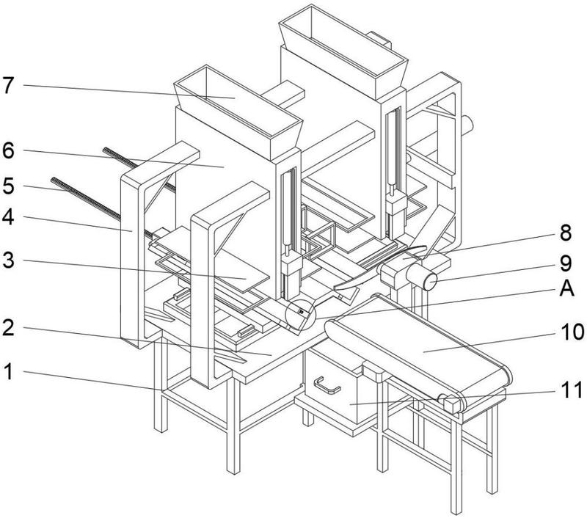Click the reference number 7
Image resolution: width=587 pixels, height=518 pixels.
pos(9,86)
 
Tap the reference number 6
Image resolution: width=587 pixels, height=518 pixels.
pos(8,151)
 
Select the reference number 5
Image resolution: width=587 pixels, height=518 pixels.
pos(9,186)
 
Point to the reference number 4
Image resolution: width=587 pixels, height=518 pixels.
pos(8,217)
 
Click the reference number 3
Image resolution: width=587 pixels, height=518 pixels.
pos(9,260)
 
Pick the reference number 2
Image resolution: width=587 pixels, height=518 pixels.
pos(8,327)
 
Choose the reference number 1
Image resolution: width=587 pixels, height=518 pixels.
pos(9,372)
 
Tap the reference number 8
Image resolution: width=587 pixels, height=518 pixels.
pos(566,233)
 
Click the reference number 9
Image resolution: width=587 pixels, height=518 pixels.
pos(566,263)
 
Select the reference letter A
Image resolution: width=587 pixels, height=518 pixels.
pos(566,288)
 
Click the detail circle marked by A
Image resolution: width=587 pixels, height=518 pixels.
pos(301,315)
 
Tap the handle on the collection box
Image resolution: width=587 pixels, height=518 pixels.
pos(327,386)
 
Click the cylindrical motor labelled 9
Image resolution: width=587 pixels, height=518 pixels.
pos(421,277)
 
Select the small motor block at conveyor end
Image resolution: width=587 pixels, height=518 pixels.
pos(452,404)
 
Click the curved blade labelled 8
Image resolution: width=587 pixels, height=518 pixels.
pos(380,267)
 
